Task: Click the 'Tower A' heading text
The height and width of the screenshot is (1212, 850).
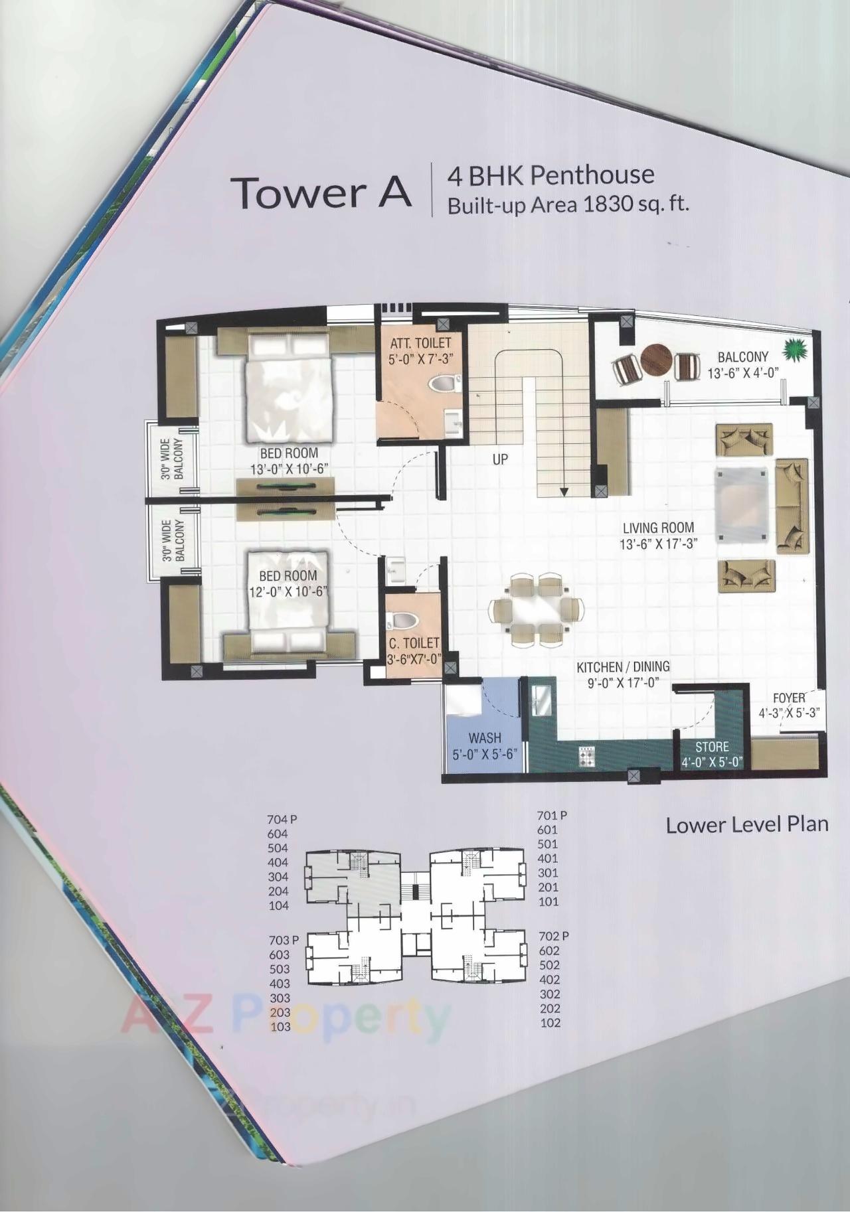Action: point(321,192)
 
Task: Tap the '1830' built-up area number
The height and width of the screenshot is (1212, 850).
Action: point(606,204)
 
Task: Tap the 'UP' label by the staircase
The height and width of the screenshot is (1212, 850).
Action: point(500,459)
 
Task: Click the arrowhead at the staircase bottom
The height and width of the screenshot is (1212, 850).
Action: point(563,492)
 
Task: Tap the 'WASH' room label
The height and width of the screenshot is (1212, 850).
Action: point(484,738)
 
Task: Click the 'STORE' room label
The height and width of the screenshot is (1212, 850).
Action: point(712,747)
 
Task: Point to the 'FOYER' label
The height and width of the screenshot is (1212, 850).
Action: point(788,698)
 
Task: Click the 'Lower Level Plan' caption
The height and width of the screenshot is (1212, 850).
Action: point(747,825)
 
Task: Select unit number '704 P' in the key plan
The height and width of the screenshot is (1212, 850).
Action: point(282,820)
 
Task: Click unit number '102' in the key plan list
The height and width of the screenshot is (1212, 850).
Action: point(550,1023)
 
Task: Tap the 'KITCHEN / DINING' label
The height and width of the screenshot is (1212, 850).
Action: point(622,667)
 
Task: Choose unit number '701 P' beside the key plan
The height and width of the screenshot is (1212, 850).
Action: point(552,815)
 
